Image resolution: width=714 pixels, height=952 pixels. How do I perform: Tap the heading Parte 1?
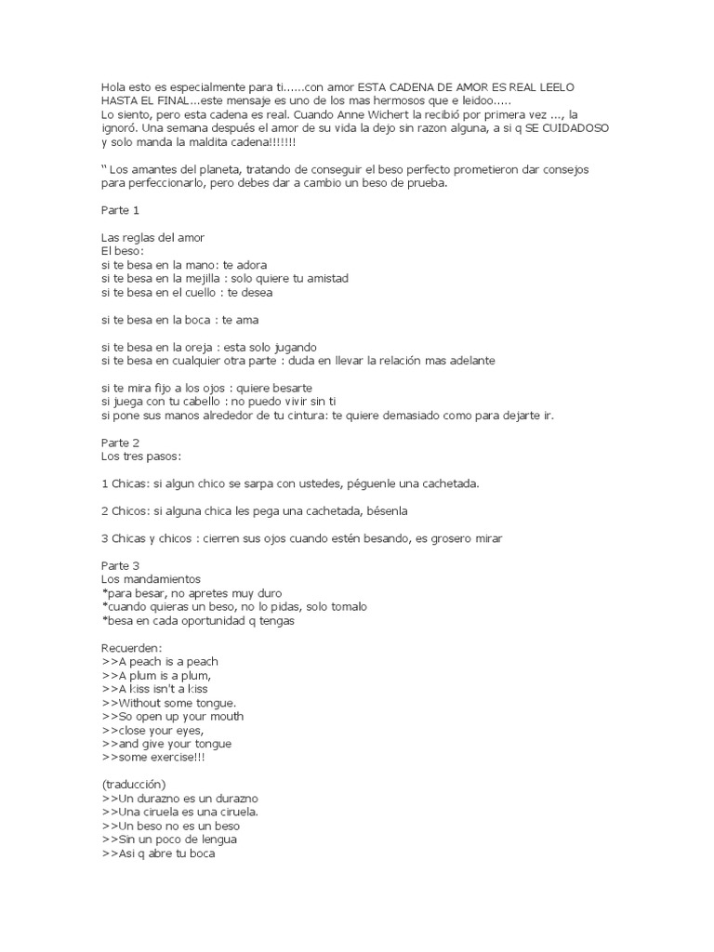point(120,210)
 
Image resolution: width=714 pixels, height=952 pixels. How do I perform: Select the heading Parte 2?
point(120,443)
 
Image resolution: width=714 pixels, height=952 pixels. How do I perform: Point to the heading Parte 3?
point(120,565)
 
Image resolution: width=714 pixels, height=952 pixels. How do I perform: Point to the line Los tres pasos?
point(141,456)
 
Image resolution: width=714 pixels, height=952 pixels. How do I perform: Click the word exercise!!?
point(175,757)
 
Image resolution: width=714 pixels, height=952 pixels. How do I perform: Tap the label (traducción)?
point(133,785)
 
